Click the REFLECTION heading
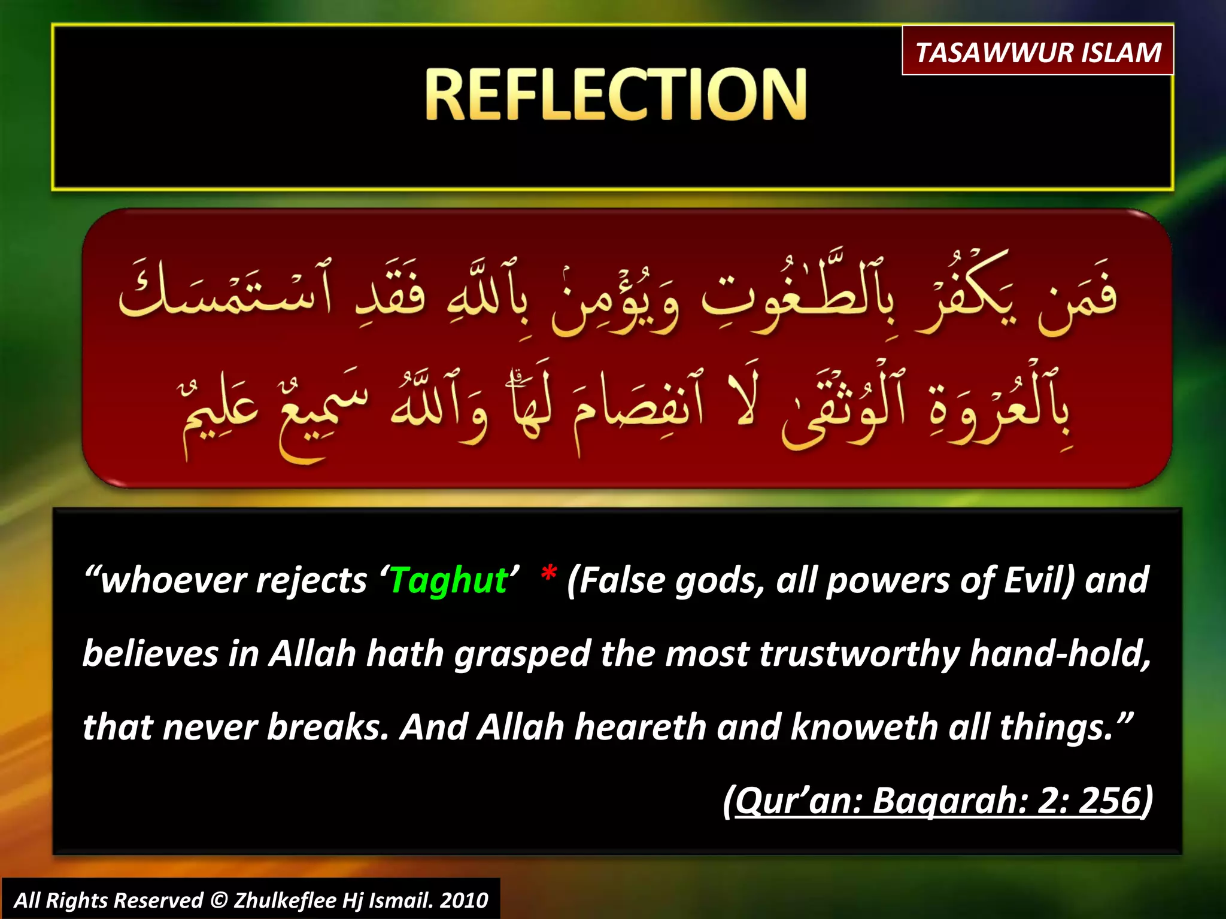click(616, 94)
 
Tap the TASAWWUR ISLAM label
click(1037, 53)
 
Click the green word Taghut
click(448, 580)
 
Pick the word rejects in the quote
click(311, 580)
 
